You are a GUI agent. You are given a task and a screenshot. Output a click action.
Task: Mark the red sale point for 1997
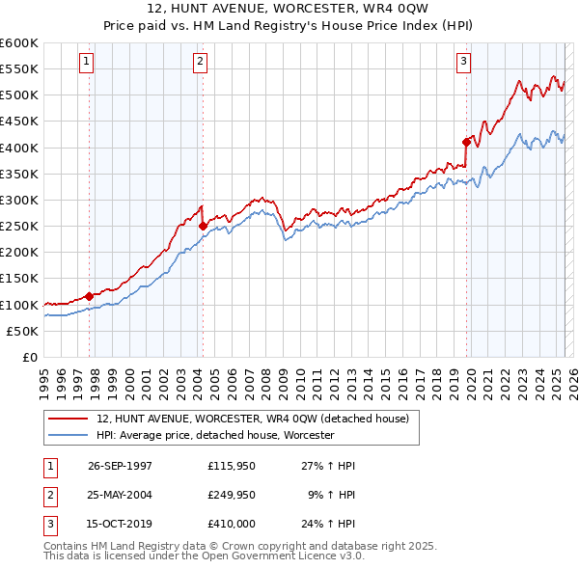[x=90, y=296]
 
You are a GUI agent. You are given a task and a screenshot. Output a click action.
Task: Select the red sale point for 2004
[x=203, y=226]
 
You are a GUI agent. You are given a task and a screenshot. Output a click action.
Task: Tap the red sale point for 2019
[x=466, y=142]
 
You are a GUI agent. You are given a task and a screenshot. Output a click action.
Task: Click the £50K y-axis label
[x=22, y=331]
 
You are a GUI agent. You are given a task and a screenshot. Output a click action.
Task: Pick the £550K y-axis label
[x=19, y=69]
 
